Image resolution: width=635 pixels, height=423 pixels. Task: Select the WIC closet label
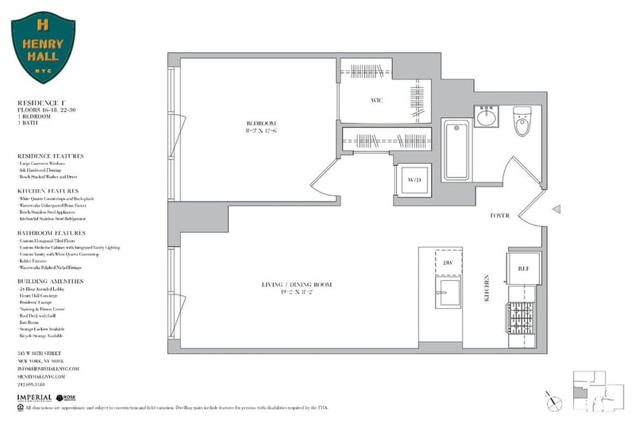click(377, 101)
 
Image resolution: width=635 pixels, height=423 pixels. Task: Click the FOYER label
click(500, 216)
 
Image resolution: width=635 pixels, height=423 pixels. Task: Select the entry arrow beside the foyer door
click(556, 210)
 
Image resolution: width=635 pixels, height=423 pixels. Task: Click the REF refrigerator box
click(523, 269)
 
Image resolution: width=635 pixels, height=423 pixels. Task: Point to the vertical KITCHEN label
click(487, 289)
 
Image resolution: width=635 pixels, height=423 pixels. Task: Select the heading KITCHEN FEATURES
click(48, 191)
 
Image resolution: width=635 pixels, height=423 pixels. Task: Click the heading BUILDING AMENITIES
click(50, 281)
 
